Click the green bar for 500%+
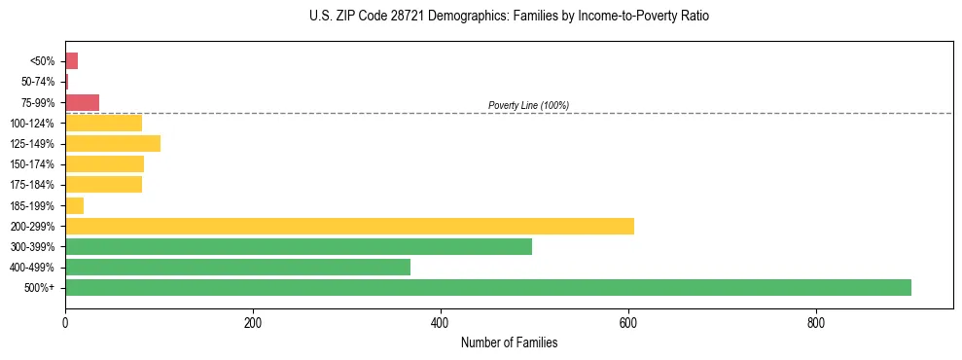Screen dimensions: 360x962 (487, 287)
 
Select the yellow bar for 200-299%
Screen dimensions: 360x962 (349, 226)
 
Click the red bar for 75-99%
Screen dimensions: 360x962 (82, 102)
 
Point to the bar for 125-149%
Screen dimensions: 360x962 (112, 144)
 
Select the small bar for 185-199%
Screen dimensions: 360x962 (74, 205)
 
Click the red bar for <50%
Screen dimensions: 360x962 (71, 61)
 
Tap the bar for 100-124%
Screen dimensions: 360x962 (103, 124)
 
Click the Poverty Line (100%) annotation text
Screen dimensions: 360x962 (528, 105)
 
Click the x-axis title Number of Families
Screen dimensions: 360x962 (509, 343)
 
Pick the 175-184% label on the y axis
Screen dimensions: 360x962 (34, 185)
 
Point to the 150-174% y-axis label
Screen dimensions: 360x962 (34, 164)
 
